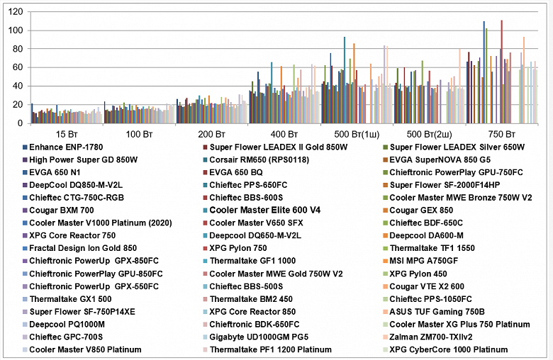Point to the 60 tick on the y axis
click(17, 67)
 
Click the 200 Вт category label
click(211, 133)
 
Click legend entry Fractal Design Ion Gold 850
click(84, 248)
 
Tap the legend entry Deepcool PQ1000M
click(66, 324)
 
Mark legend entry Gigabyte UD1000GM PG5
click(264, 337)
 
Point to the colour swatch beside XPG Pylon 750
click(203, 248)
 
